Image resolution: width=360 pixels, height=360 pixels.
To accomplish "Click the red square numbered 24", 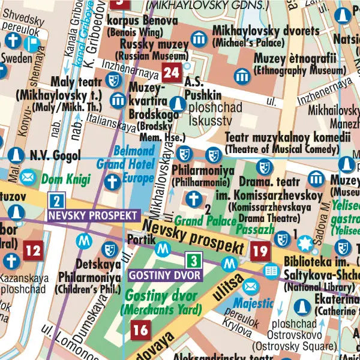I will coord(171,74).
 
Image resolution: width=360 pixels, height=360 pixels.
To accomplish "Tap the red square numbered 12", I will coord(34,250).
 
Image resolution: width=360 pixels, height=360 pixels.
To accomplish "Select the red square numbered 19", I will coord(260,251).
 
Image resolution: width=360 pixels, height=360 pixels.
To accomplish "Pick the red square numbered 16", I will coord(140,329).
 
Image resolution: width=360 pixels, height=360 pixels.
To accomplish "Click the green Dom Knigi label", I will coord(66,179).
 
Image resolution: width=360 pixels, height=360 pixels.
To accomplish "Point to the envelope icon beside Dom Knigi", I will coord(26,178).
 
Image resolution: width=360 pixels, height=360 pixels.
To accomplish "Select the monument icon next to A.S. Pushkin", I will coord(176,104).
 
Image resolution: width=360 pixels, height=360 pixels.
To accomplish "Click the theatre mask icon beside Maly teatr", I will coord(112,80).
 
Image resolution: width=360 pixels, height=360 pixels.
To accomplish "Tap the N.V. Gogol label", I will coord(55,157).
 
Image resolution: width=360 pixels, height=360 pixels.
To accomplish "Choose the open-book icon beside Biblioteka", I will coord(272,272).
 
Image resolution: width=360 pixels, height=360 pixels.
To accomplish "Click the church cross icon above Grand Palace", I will coord(193,197).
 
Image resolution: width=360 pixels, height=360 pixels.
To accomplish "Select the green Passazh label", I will coord(255,230).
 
